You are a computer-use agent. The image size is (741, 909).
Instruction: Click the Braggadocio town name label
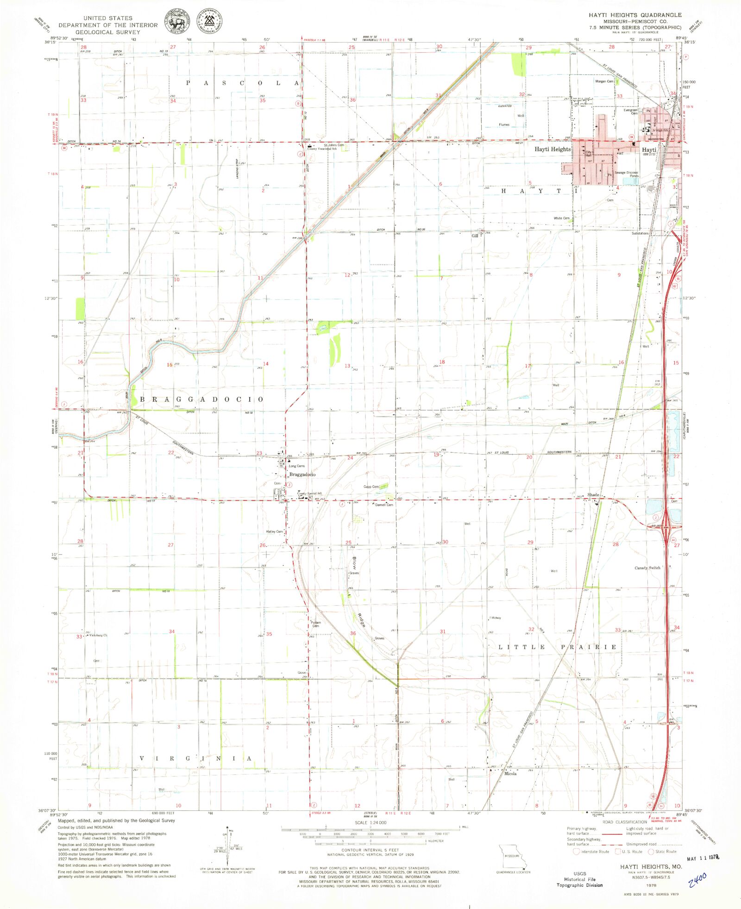(302, 475)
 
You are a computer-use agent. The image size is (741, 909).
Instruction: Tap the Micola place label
(510, 773)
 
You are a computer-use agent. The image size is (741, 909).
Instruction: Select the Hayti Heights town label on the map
(553, 149)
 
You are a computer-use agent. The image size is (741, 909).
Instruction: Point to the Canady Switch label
(647, 568)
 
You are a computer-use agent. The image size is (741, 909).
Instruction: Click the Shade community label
(593, 495)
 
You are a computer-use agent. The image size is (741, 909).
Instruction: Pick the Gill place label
(475, 236)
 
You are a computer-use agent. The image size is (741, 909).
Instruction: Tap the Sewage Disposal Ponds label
(626, 174)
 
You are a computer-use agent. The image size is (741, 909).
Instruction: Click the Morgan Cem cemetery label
(604, 81)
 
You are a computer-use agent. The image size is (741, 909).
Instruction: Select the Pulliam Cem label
(316, 624)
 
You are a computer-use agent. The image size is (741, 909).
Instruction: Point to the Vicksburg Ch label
(98, 635)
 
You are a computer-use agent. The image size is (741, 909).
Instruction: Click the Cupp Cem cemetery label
(371, 486)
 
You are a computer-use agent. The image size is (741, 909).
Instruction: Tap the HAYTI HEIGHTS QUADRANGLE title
(635, 15)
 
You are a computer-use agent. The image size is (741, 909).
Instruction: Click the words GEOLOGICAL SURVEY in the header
(107, 32)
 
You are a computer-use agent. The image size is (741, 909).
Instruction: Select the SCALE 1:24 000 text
(370, 822)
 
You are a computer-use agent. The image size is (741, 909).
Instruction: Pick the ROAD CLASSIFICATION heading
(625, 822)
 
